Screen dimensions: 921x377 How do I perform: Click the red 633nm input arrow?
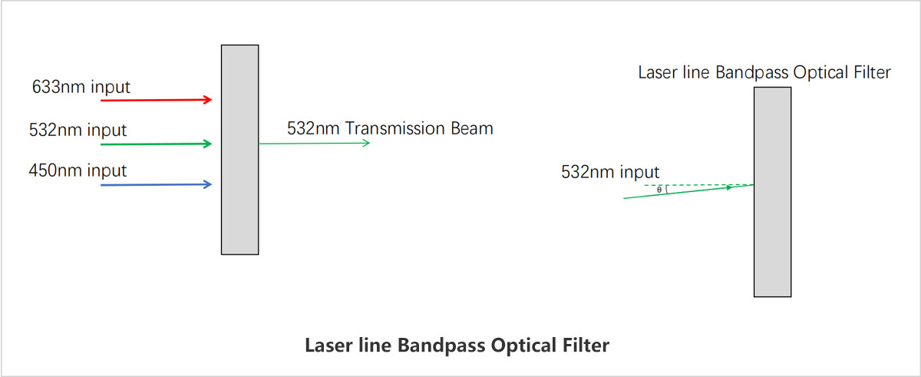(157, 100)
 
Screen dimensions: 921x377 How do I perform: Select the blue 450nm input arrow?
(157, 184)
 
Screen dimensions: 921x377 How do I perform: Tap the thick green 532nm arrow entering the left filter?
(157, 144)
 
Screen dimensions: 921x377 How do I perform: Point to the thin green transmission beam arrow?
(315, 143)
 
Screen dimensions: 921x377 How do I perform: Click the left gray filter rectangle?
(240, 150)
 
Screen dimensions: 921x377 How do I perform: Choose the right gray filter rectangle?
(773, 192)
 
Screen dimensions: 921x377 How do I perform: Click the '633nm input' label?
(81, 88)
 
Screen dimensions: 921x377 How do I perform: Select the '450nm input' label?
(78, 170)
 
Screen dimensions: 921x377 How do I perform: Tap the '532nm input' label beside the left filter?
(78, 131)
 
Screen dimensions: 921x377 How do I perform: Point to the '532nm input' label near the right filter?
(610, 172)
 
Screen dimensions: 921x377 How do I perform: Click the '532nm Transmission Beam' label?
(390, 129)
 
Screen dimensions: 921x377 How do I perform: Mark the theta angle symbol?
(659, 190)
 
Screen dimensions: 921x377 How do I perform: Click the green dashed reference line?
(699, 185)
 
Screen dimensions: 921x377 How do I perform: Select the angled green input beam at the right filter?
(688, 192)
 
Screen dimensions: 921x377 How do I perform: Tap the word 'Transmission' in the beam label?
(395, 129)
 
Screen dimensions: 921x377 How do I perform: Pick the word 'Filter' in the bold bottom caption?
(586, 345)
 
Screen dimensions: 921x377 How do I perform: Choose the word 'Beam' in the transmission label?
(472, 129)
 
